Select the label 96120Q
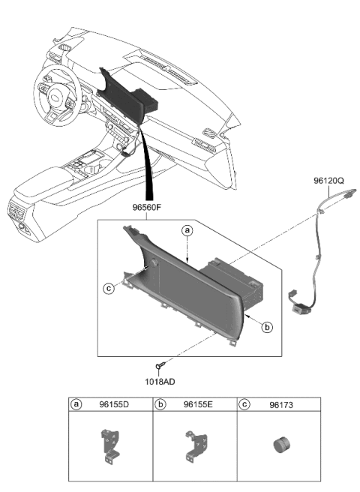tap(329, 181)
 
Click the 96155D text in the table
tap(115, 404)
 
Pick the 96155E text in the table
tap(199, 404)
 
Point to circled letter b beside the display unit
tap(268, 326)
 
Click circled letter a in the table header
tap(77, 404)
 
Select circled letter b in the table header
tap(161, 404)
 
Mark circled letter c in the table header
tap(245, 404)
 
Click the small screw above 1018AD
tap(159, 367)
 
